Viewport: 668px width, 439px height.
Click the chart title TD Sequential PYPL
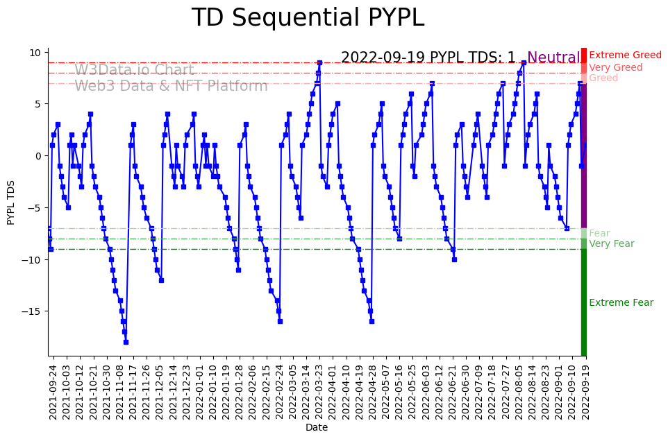click(x=308, y=18)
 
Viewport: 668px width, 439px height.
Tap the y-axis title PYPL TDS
click(x=11, y=202)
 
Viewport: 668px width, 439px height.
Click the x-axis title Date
click(x=317, y=428)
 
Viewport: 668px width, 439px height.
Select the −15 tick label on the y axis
click(x=32, y=311)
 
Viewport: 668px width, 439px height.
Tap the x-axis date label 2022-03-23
click(x=319, y=391)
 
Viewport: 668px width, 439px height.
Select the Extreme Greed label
click(x=625, y=55)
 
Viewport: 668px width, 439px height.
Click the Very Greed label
click(x=616, y=68)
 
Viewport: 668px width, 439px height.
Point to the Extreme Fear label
click(x=621, y=303)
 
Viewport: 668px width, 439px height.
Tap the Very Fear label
click(x=612, y=244)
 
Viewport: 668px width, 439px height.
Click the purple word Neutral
click(x=553, y=58)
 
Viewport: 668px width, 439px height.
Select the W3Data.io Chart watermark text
click(x=134, y=71)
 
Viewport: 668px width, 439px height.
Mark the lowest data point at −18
click(x=126, y=342)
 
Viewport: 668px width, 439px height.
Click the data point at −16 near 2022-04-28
click(x=371, y=321)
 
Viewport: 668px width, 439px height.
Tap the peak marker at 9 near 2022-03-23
click(x=319, y=62)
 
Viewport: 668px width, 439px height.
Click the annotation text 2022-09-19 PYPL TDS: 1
click(x=428, y=58)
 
